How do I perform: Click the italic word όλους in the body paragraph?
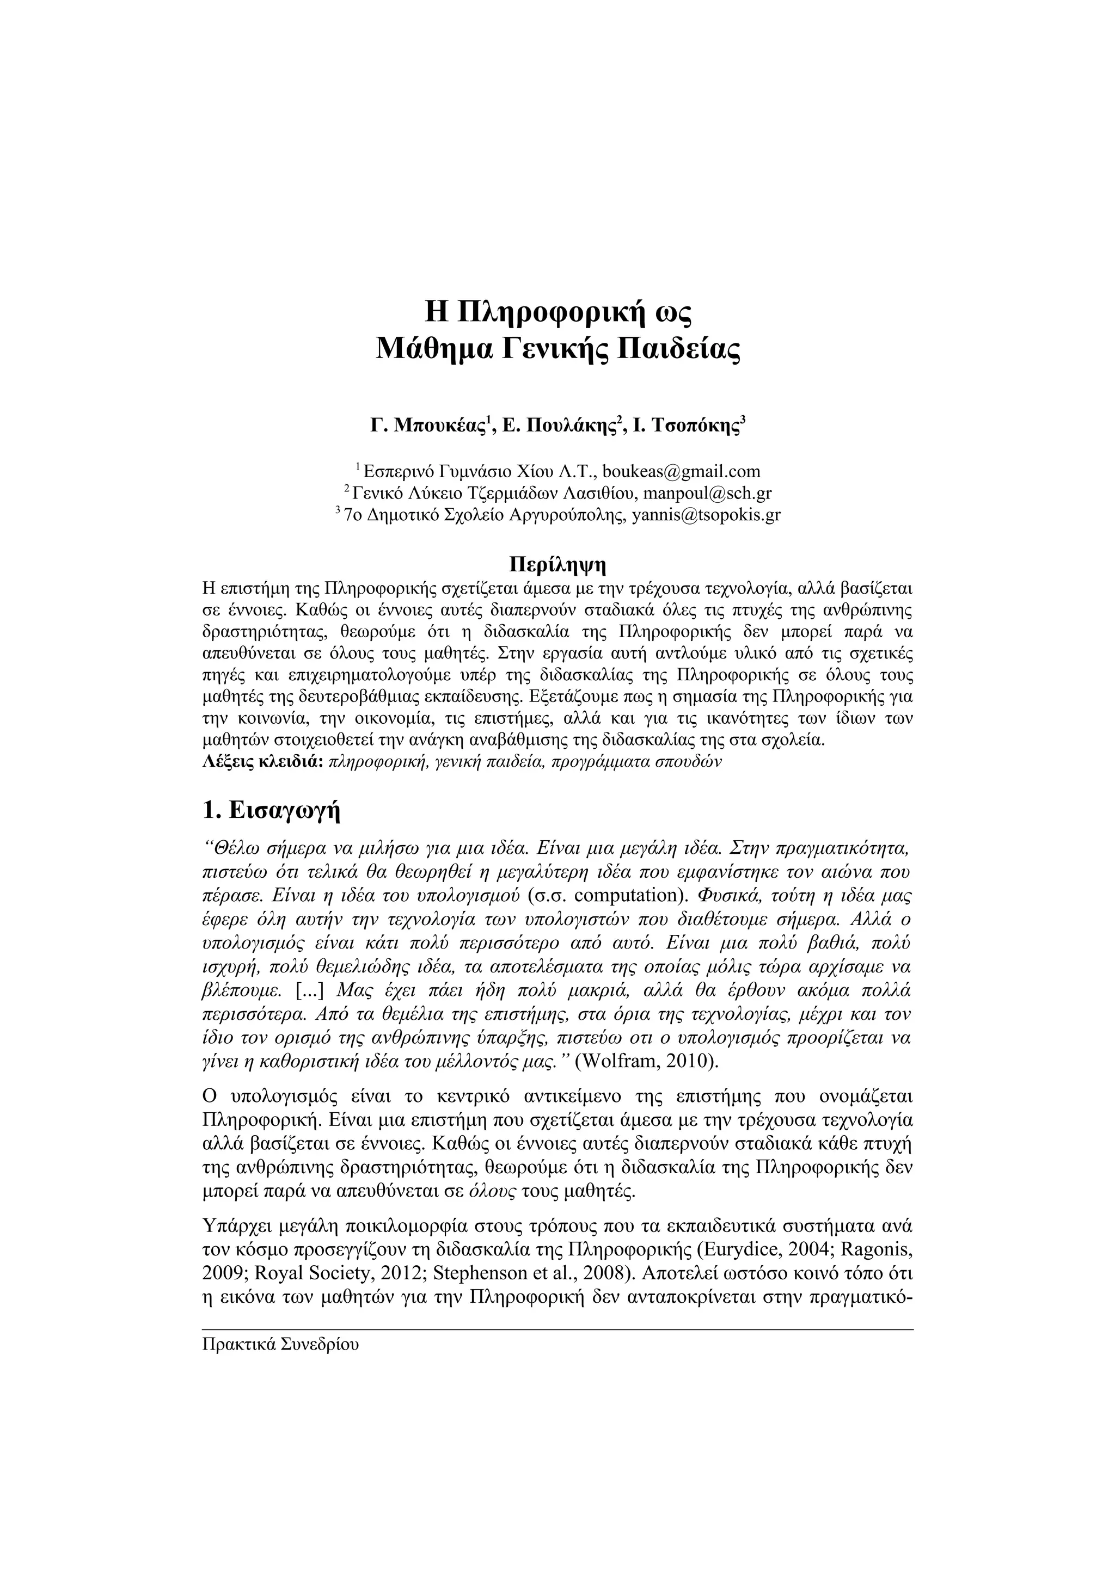click(491, 1191)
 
